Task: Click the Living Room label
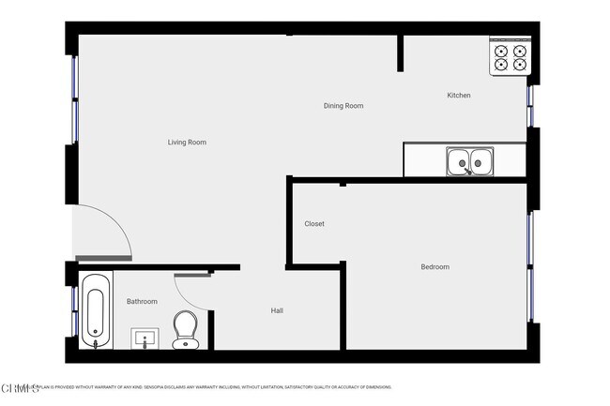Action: coord(187,143)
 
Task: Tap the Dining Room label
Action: coord(343,106)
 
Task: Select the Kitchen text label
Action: coord(458,96)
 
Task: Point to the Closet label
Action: coord(314,224)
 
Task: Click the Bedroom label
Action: coord(435,267)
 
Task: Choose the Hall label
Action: coord(277,310)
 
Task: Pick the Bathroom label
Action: coord(142,301)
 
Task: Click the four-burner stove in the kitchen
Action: coord(511,58)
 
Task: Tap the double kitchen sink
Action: coord(468,162)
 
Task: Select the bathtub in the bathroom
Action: coord(95,310)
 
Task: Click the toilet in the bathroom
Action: coord(185,330)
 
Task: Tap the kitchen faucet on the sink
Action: coord(468,172)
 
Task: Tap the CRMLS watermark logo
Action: coord(20,387)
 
